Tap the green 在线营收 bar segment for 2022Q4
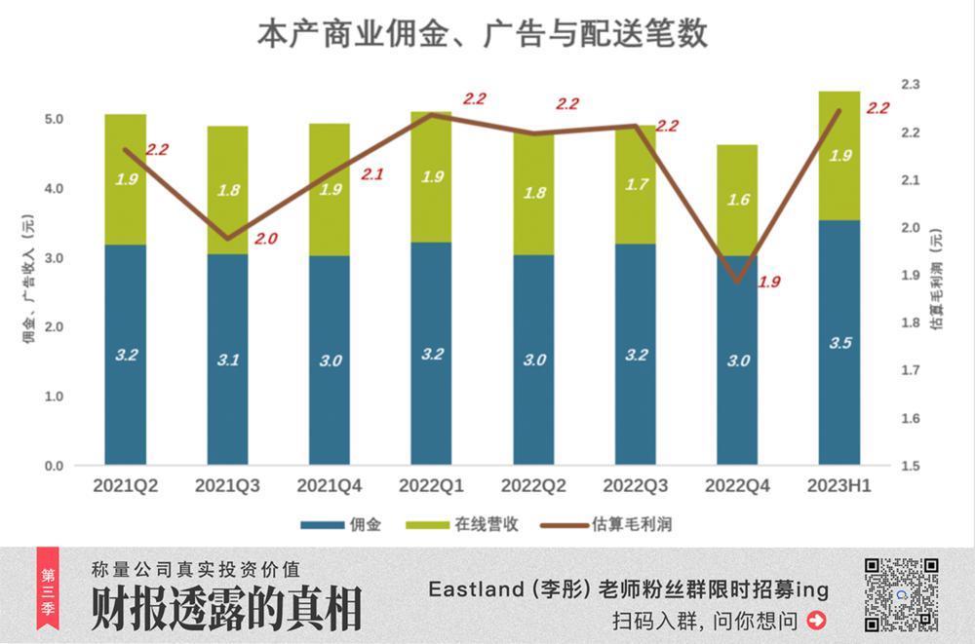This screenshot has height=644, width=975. pos(737,200)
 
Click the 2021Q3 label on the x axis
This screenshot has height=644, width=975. pos(227,485)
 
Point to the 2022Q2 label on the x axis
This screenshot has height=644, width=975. pos(533,485)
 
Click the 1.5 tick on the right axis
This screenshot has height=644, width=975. pos(910,466)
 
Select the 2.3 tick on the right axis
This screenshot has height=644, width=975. pos(910,85)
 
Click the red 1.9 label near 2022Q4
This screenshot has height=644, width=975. pos(770,283)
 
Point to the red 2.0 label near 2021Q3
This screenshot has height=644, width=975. pos(266,237)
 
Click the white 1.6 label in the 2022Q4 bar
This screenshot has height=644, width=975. pos(737,200)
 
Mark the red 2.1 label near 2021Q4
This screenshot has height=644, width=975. pos(372,174)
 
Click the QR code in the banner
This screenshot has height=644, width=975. pos(901,594)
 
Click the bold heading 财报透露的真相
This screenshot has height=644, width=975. pos(226,609)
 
